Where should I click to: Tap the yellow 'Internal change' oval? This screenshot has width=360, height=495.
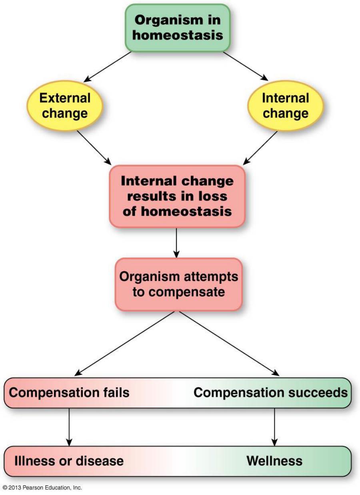[286, 105]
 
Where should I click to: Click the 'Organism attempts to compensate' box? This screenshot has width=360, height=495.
[178, 284]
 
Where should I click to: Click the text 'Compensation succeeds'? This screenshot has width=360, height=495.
[270, 392]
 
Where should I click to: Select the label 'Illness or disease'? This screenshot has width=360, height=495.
[69, 461]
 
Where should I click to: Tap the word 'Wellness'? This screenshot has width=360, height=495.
[274, 461]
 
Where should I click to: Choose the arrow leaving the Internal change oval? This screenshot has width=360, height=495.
[260, 148]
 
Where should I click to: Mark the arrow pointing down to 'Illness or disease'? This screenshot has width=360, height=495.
[69, 427]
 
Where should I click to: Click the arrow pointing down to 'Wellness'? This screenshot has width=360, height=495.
[274, 427]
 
